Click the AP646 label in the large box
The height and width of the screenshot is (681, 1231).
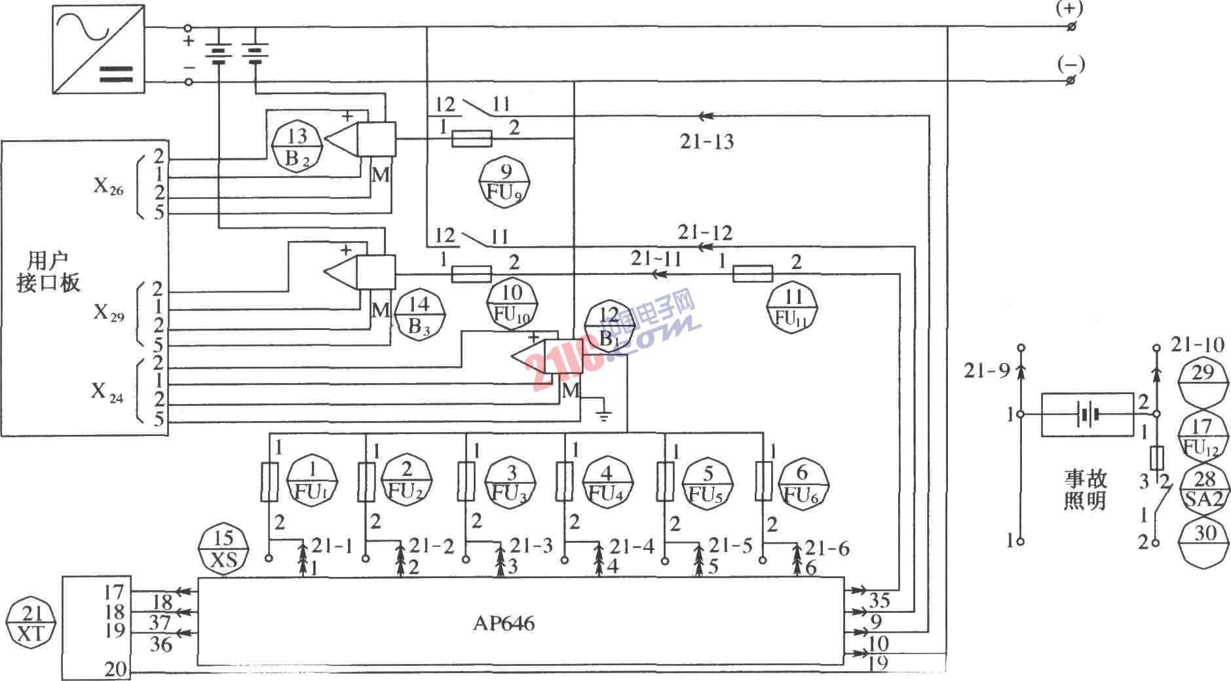(503, 623)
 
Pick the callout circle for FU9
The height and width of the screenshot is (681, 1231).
(504, 183)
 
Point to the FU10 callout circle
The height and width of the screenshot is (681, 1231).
(512, 304)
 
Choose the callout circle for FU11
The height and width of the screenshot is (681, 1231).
(793, 308)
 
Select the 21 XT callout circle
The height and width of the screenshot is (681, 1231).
(31, 623)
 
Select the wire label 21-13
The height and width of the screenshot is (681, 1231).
(706, 141)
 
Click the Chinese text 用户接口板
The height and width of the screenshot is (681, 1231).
(48, 271)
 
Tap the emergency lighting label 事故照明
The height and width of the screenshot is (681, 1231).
(1084, 490)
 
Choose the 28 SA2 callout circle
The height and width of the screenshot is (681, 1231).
(1204, 490)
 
